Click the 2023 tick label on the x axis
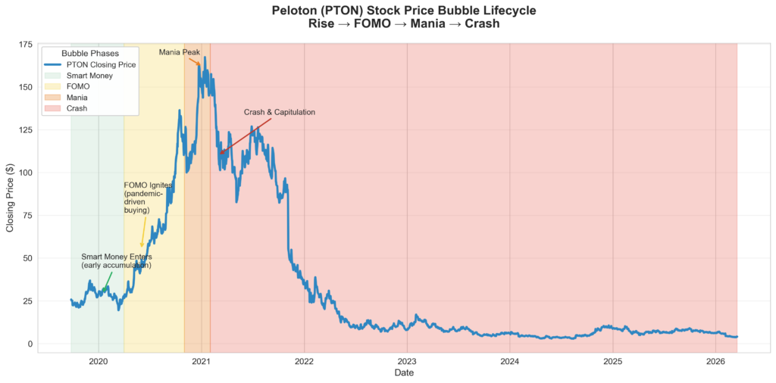point(407,361)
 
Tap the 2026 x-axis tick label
point(715,361)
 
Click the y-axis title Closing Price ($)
point(11,196)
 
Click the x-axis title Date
point(404,372)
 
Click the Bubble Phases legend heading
point(90,54)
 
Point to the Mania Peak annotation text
point(179,52)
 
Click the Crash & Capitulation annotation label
point(279,113)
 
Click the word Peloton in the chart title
point(299,11)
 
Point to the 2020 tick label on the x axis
point(99,361)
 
